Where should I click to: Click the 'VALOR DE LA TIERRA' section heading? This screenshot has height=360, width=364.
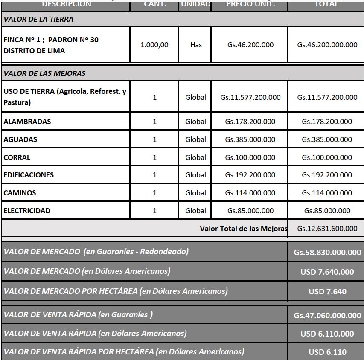[38, 19]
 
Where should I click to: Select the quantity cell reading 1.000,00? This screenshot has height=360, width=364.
[154, 45]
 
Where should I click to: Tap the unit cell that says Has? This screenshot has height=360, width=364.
[196, 45]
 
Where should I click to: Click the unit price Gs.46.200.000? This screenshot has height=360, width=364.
[250, 45]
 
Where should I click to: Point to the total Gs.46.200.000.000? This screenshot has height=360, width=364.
[327, 45]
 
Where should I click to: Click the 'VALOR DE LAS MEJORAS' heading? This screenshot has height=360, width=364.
[44, 73]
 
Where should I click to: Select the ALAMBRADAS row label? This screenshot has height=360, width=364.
[27, 122]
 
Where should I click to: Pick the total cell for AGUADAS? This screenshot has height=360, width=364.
[327, 139]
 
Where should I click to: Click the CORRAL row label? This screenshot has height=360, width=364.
[17, 157]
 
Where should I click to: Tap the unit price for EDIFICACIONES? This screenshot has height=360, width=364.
[250, 175]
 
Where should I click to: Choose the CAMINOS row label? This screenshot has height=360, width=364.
[20, 193]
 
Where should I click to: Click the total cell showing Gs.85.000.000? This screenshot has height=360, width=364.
[327, 211]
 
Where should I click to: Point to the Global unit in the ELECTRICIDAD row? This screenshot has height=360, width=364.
[195, 211]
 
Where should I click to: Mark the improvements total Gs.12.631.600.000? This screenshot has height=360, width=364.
[327, 229]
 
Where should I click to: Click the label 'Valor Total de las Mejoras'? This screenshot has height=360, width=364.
[244, 229]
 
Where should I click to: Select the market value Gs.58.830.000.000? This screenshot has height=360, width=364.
[327, 252]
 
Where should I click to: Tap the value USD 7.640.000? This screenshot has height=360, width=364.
[327, 272]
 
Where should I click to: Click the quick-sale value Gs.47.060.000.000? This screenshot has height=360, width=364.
[327, 316]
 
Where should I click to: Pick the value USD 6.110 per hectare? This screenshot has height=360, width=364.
[327, 352]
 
